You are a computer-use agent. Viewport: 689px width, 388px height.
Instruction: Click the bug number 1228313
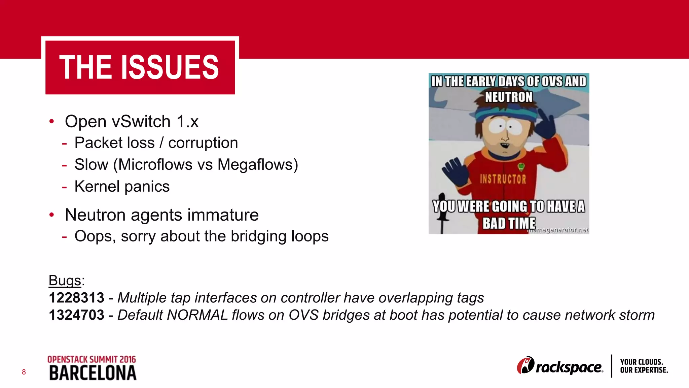(77, 298)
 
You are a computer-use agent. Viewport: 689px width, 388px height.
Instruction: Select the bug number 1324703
(77, 315)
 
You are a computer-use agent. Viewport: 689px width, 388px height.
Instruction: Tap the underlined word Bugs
(65, 281)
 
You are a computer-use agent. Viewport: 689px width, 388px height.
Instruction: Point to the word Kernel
(97, 187)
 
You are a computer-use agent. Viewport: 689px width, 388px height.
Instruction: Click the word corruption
(203, 143)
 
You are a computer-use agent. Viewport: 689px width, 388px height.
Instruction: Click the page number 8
(24, 372)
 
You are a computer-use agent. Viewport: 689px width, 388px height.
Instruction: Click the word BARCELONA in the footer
(93, 373)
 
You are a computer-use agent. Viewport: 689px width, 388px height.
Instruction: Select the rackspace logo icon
(525, 366)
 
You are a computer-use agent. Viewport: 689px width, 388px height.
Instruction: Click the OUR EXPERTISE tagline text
(644, 370)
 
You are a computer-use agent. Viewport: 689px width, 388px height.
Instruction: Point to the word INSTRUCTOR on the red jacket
(503, 179)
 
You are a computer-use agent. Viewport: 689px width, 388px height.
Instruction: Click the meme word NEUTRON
(509, 97)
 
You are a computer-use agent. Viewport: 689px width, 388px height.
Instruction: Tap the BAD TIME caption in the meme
(509, 223)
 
